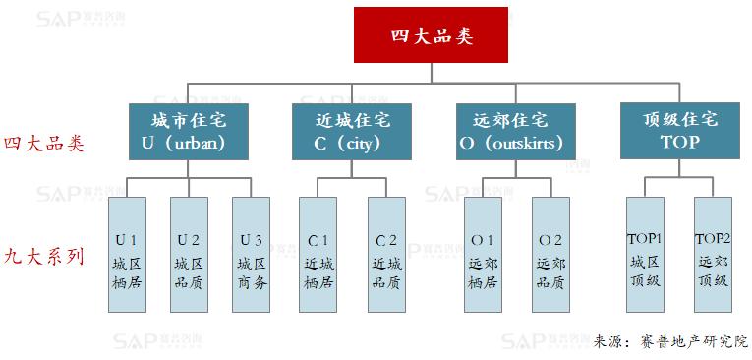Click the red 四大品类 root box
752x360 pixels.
(432, 35)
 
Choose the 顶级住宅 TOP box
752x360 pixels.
(679, 131)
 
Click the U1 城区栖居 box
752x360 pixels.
(126, 255)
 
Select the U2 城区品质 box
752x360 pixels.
(189, 255)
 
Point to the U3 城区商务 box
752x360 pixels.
(251, 255)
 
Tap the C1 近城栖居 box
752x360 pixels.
(318, 255)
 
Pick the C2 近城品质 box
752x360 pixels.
(386, 255)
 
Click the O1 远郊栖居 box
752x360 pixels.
(483, 255)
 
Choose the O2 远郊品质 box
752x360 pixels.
(550, 255)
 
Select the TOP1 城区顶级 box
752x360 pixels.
(646, 255)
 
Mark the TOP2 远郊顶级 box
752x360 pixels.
(714, 255)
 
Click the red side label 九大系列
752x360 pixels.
(44, 257)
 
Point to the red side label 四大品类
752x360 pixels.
(44, 144)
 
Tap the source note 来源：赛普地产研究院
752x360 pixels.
(671, 341)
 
